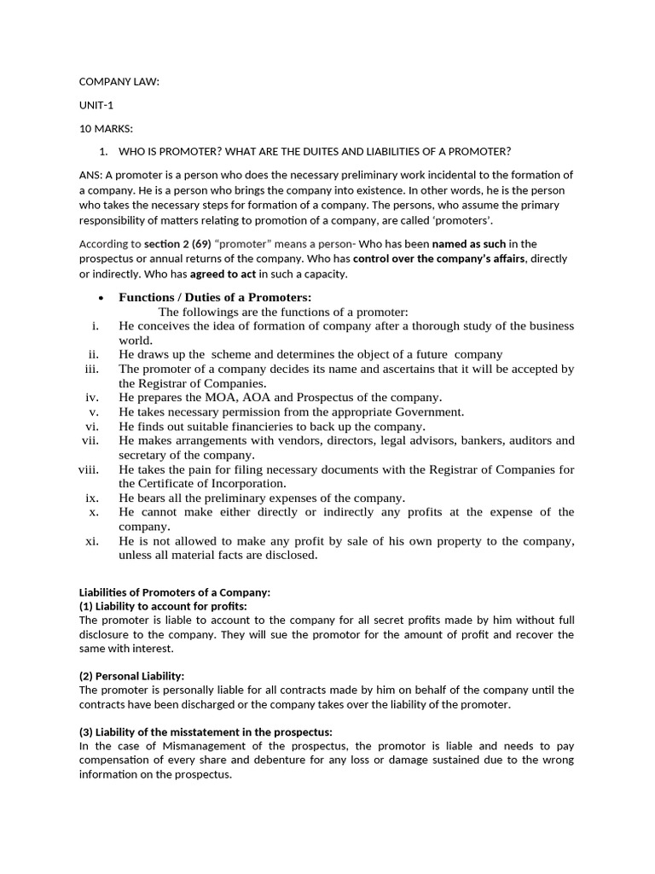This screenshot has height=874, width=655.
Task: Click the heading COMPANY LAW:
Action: pos(119,82)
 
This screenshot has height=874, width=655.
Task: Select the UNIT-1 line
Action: pos(96,105)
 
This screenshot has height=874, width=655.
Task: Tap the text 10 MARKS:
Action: pos(106,128)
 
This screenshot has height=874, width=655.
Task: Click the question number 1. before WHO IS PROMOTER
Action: pos(103,152)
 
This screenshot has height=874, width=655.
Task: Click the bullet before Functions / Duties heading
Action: pos(101,298)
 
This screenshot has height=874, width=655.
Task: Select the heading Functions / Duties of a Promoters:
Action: pos(215,297)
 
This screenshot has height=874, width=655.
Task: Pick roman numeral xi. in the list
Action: pos(92,541)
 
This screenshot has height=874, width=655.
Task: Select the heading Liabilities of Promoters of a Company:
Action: pos(174,591)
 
